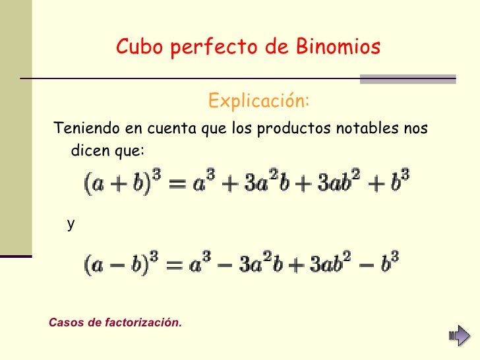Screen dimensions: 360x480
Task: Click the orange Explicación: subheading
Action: [258, 102]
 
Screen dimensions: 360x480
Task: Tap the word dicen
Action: [90, 151]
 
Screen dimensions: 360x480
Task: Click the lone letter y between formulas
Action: [71, 225]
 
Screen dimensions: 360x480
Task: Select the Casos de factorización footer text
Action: [115, 322]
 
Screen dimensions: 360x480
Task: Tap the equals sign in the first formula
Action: [175, 183]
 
